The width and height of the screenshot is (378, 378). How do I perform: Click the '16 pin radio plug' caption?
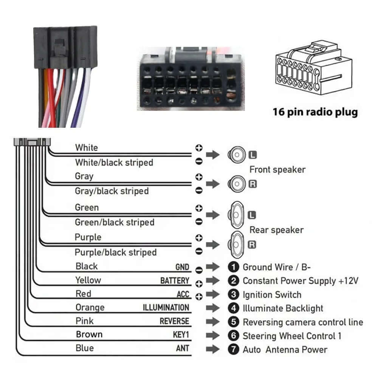pyautogui.click(x=315, y=112)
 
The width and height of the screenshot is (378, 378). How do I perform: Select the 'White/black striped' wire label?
pyautogui.click(x=114, y=163)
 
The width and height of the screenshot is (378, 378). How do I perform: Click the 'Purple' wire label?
pyautogui.click(x=88, y=237)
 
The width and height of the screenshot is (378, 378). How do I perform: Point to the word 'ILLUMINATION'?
pyautogui.click(x=166, y=307)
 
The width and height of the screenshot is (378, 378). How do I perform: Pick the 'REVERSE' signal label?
pyautogui.click(x=174, y=321)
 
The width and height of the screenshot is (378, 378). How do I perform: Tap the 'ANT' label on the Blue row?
pyautogui.click(x=182, y=349)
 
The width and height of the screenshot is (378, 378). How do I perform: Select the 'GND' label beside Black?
pyautogui.click(x=182, y=267)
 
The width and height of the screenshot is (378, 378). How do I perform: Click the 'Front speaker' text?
pyautogui.click(x=277, y=170)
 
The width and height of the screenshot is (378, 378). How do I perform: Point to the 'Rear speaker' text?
pyautogui.click(x=276, y=230)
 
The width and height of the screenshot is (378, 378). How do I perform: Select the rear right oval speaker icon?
pyautogui.click(x=236, y=245)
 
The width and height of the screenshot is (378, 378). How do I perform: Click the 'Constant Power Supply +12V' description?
pyautogui.click(x=300, y=281)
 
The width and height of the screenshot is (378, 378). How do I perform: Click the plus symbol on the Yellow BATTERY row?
pyautogui.click(x=199, y=283)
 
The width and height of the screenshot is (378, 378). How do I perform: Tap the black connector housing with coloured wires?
pyautogui.click(x=65, y=47)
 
